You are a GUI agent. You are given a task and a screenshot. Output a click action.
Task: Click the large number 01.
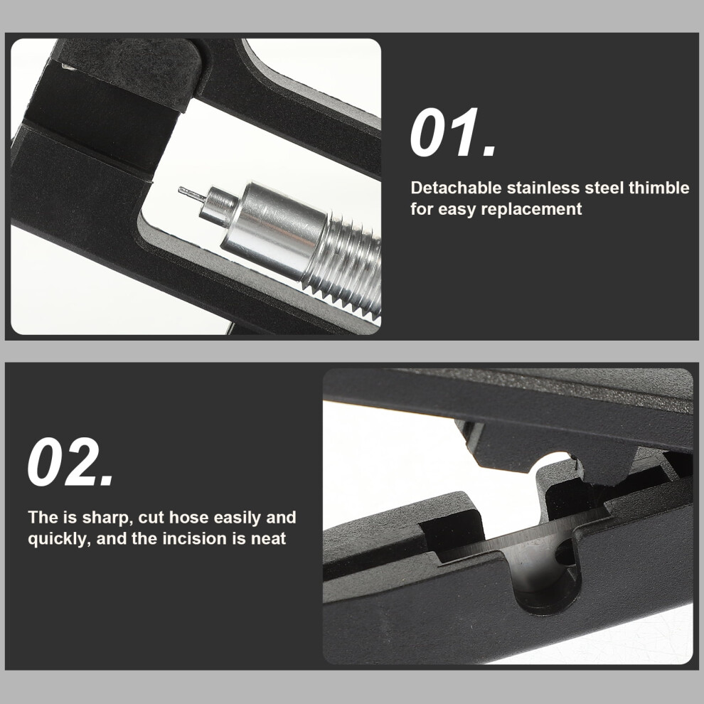453,133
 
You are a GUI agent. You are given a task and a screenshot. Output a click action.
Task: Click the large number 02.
70,462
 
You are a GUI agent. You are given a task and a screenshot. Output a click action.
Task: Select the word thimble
659,188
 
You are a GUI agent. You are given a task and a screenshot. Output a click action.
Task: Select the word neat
268,539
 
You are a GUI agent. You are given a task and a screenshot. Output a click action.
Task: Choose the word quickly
60,539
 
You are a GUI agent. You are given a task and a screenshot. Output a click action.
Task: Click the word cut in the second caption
151,518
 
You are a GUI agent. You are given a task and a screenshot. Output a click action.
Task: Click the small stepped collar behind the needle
218,206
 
